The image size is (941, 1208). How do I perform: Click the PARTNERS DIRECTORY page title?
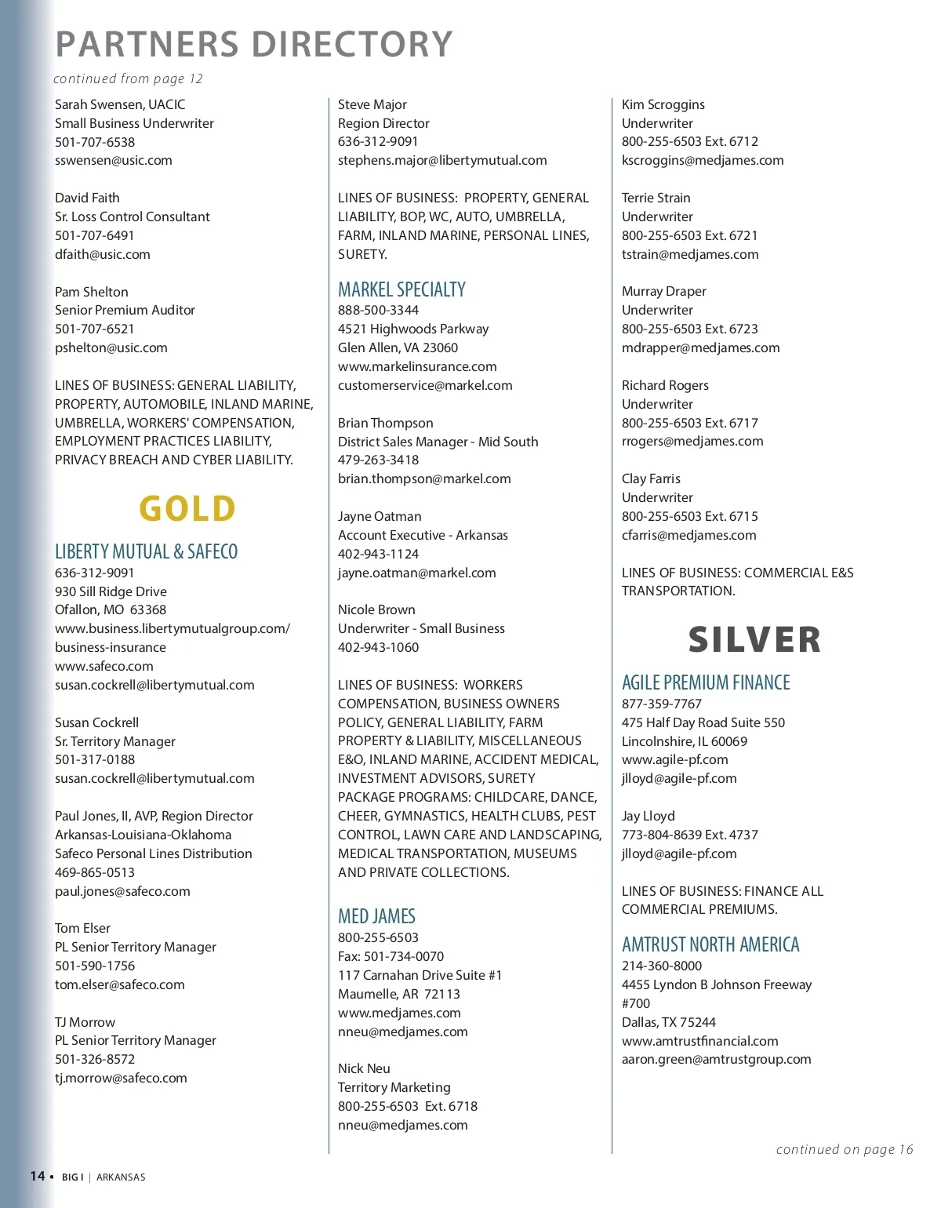[254, 44]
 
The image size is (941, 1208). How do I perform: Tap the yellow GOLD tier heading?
[187, 508]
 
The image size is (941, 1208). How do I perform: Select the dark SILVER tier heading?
[754, 639]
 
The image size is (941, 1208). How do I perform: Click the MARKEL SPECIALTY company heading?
[401, 289]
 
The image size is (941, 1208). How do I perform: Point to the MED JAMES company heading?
[376, 915]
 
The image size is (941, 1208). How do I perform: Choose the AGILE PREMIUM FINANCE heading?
[706, 682]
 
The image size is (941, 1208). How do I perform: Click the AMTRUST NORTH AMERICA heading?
[710, 944]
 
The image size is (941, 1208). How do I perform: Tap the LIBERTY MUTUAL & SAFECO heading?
[146, 551]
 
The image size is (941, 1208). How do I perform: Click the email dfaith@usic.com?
[103, 254]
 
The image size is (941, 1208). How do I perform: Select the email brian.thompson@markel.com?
[424, 478]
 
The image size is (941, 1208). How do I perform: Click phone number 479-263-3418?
[378, 460]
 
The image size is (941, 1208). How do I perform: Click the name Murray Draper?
[664, 291]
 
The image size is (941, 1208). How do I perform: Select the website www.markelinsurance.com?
[417, 366]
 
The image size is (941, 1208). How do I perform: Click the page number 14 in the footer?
[38, 1176]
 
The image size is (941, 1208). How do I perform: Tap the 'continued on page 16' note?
[845, 1149]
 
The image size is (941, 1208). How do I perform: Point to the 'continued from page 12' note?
[128, 78]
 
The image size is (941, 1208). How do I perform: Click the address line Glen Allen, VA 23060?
[398, 347]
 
